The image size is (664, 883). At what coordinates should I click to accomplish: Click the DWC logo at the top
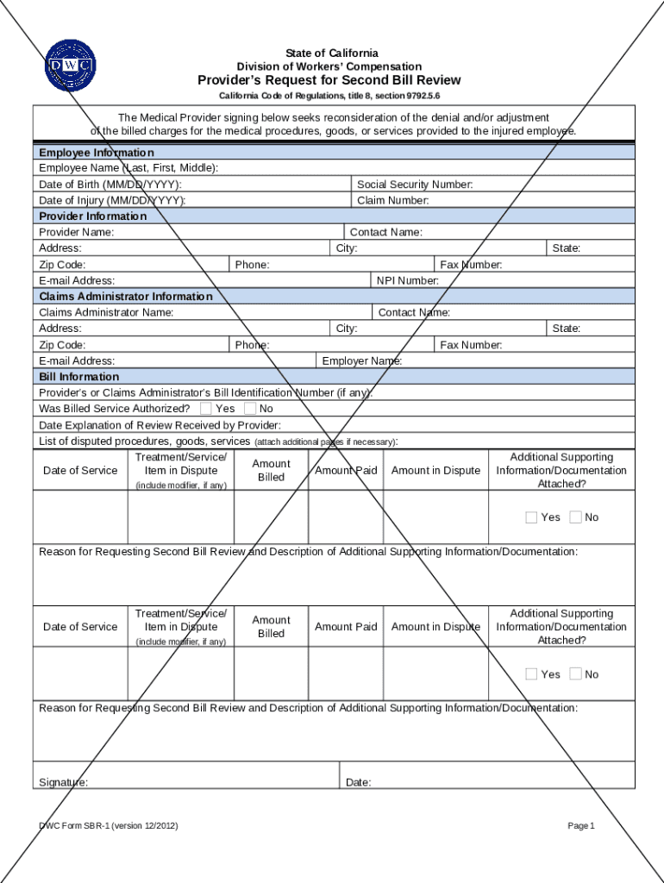click(x=70, y=66)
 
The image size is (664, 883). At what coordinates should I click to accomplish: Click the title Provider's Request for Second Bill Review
click(x=329, y=80)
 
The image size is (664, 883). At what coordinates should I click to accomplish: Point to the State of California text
click(x=331, y=53)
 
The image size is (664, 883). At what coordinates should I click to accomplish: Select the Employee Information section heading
click(x=97, y=152)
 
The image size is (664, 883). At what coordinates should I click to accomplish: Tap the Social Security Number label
click(x=415, y=185)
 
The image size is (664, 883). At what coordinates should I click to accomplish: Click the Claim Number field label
click(x=393, y=200)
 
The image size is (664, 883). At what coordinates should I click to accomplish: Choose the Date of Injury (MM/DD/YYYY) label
click(x=112, y=200)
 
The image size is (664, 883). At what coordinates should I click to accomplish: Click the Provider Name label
click(x=76, y=233)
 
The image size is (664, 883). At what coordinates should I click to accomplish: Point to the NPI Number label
click(x=407, y=281)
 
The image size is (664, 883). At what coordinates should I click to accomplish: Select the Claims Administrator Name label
click(x=106, y=312)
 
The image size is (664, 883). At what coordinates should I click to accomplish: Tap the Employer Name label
click(x=361, y=361)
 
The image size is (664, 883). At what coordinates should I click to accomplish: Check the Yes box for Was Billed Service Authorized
click(x=206, y=409)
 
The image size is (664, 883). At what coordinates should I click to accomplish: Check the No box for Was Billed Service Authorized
click(x=250, y=409)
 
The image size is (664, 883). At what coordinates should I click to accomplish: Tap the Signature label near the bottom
click(x=63, y=783)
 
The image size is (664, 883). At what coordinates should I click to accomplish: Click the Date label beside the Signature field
click(x=358, y=783)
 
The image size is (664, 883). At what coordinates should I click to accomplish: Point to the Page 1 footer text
click(x=581, y=826)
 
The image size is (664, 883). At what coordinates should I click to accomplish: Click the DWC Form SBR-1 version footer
click(x=109, y=826)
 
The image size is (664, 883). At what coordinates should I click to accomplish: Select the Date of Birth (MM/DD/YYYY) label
click(x=110, y=185)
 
